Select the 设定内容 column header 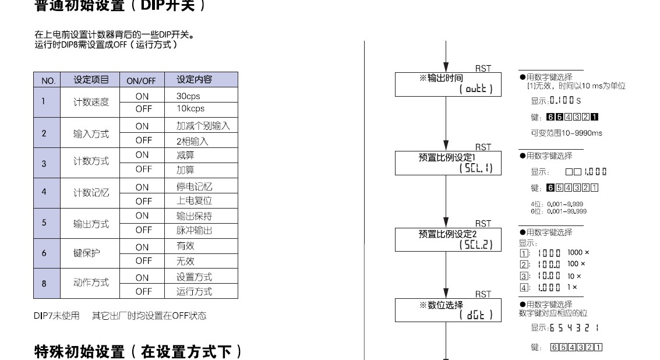pyautogui.click(x=194, y=80)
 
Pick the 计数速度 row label pyautogui.click(x=91, y=102)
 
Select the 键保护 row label pyautogui.click(x=87, y=253)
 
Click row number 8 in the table pyautogui.click(x=44, y=284)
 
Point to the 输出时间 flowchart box pyautogui.click(x=447, y=84)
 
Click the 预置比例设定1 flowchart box pyautogui.click(x=447, y=162)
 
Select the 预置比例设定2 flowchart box pyautogui.click(x=447, y=239)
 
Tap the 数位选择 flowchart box pyautogui.click(x=447, y=309)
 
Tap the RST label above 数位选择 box pyautogui.click(x=483, y=294)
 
